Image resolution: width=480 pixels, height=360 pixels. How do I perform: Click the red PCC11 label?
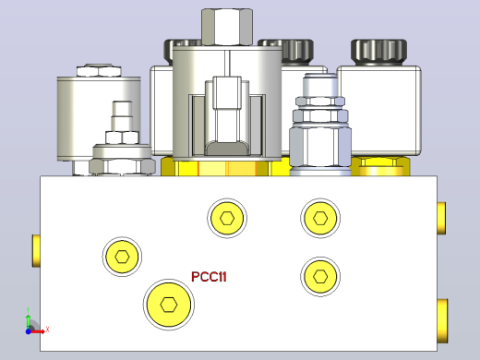tap(209, 277)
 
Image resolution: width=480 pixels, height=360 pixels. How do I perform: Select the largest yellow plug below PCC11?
tap(169, 305)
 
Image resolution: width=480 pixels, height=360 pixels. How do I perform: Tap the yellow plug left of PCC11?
tap(122, 257)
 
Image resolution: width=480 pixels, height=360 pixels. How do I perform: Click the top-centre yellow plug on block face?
tap(227, 218)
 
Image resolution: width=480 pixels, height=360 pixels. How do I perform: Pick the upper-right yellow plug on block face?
tap(320, 218)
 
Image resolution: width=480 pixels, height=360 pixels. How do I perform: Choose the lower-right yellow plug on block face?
tap(320, 276)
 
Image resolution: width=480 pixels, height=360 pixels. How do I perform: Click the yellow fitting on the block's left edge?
tap(36, 250)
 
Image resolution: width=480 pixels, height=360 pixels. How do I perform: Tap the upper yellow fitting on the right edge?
tap(441, 218)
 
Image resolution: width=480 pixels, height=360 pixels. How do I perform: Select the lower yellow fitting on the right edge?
tap(442, 321)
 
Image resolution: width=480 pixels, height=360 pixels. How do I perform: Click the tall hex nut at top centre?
tap(227, 28)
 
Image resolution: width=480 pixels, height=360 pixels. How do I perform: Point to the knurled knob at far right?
tap(378, 52)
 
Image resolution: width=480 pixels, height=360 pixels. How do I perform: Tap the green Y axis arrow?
tap(28, 321)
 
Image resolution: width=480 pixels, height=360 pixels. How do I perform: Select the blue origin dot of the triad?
tap(28, 331)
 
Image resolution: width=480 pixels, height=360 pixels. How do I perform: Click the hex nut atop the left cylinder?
tap(99, 71)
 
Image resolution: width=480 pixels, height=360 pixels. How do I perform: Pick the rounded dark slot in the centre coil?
tap(227, 148)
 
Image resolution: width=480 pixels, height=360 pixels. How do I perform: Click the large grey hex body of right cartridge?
tap(320, 147)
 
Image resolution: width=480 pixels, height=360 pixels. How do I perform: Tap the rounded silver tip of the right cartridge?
tap(320, 85)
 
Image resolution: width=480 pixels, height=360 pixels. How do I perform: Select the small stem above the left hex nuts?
tap(122, 116)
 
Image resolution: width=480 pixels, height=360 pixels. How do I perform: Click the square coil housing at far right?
tap(379, 110)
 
